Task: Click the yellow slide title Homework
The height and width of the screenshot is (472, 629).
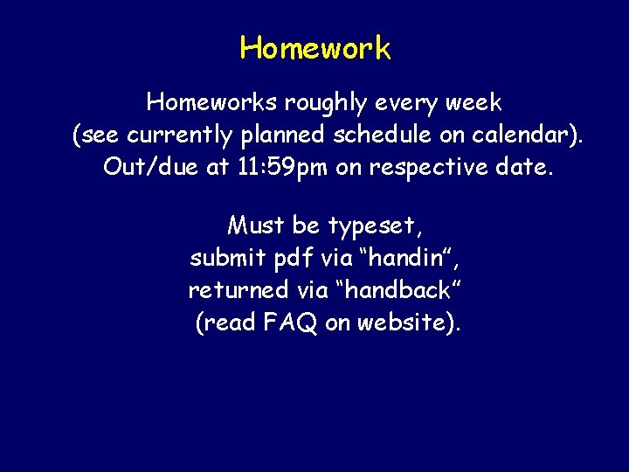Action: [x=315, y=48]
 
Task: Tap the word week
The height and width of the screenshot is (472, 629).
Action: [x=473, y=103]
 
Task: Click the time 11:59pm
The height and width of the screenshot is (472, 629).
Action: [x=283, y=166]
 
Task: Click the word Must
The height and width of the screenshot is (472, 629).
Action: [x=256, y=226]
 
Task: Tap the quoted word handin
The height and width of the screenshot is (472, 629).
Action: [x=407, y=258]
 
